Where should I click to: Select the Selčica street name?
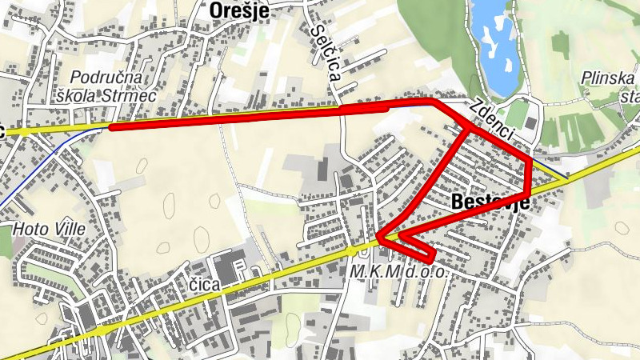328,52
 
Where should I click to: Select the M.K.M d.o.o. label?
398,273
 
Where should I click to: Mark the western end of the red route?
111,127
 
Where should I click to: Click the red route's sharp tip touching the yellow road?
379,236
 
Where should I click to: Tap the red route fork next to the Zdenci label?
469,130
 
